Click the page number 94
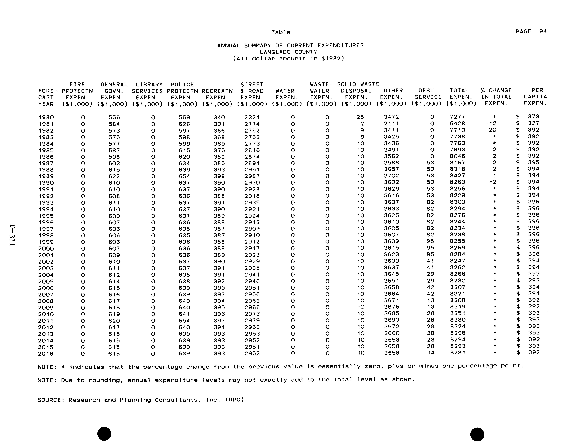(543, 32)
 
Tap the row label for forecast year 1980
(46, 117)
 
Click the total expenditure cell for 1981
(457, 123)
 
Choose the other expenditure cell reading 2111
(391, 123)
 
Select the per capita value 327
(533, 123)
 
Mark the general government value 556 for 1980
(114, 117)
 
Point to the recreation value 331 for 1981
(219, 124)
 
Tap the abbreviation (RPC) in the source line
(234, 400)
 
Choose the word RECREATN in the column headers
(217, 91)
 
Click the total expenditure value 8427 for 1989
(457, 176)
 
